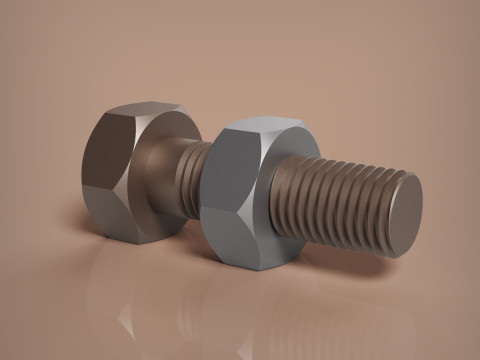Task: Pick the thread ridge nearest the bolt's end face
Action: pos(386,214)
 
